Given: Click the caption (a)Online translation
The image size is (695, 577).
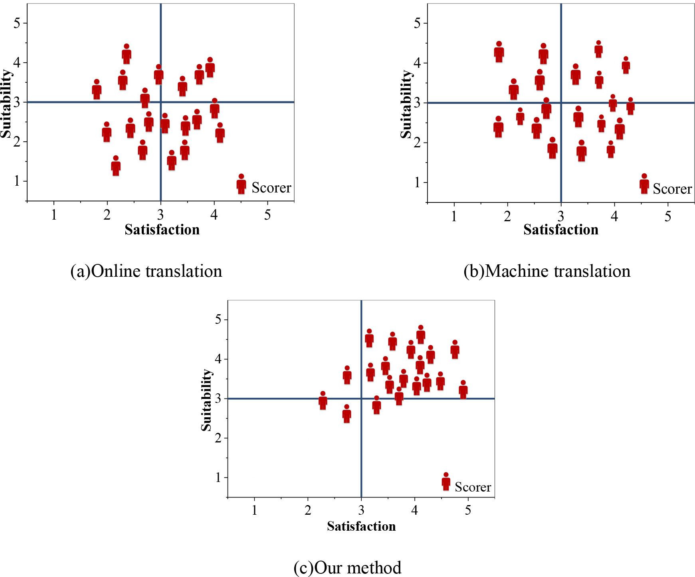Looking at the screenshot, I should pos(146,271).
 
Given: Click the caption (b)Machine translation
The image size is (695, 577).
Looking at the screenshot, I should pos(547,271).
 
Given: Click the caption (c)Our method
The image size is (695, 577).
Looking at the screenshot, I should pos(347,567).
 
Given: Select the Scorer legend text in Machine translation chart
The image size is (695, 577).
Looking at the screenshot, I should pos(672,188).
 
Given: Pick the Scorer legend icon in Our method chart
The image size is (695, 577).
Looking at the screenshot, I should pos(446,482).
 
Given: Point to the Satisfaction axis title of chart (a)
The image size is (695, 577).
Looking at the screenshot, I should pos(162,230).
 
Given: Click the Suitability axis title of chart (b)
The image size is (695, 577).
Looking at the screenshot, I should pos(406,104).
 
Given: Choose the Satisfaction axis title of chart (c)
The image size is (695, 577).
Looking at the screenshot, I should pos(361,526).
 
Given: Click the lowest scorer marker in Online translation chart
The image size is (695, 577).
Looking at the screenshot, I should pos(116,166).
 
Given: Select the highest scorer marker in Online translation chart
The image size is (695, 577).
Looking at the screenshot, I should pos(127,54).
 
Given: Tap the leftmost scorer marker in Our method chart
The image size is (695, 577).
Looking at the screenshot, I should pos(323,401).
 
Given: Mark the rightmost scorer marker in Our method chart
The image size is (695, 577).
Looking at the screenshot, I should pos(463,390).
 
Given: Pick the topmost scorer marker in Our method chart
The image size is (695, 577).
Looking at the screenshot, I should pos(420,335).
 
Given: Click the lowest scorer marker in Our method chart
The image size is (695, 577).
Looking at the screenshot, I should pos(347,414).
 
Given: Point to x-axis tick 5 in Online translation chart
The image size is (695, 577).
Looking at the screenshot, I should pos(267,215).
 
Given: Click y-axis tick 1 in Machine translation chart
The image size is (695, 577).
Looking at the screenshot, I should pos(418,182).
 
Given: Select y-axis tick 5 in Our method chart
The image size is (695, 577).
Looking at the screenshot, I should pos(218,319).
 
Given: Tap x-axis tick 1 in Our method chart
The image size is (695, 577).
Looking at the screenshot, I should pos(254,511).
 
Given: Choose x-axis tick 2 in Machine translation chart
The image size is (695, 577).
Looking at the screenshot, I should pos(507,216).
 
